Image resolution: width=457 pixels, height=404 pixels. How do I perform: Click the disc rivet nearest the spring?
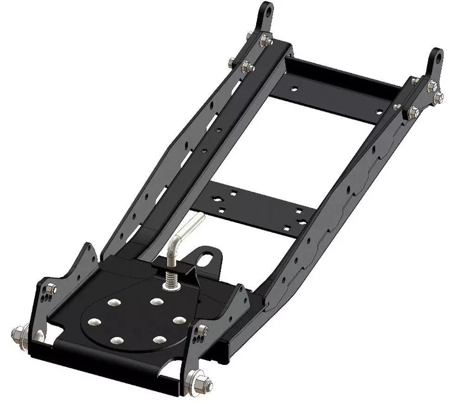click(x=156, y=302)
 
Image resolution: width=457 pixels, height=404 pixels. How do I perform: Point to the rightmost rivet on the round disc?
click(x=179, y=320)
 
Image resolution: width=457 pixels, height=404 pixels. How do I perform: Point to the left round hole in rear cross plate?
click(x=295, y=89)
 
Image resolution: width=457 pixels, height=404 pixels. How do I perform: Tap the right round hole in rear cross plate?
click(x=379, y=112)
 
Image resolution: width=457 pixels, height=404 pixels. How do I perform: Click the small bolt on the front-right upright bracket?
click(x=204, y=329)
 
